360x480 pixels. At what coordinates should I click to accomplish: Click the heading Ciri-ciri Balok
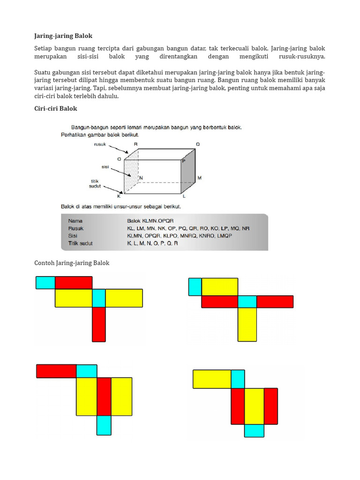[56, 108]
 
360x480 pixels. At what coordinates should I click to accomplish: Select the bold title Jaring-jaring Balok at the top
[63, 36]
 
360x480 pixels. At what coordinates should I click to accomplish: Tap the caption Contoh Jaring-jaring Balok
[72, 263]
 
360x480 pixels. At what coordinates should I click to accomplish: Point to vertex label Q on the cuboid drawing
[198, 144]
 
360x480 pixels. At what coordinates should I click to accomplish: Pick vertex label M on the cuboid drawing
[199, 178]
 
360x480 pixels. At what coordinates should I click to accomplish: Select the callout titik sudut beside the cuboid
[96, 183]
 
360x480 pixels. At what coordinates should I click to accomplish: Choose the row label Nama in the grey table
[75, 220]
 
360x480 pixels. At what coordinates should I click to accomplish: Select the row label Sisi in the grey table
[74, 236]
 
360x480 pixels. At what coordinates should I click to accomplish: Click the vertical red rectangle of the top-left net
[99, 324]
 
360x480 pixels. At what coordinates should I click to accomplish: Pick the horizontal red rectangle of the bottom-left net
[56, 371]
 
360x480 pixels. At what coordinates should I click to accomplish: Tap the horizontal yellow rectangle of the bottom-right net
[212, 379]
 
